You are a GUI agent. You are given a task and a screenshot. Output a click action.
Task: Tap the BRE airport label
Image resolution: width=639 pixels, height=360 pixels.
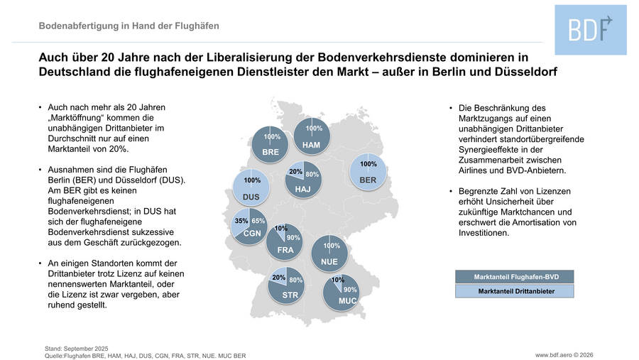270,153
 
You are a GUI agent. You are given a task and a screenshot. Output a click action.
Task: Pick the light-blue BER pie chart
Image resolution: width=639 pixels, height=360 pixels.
368,172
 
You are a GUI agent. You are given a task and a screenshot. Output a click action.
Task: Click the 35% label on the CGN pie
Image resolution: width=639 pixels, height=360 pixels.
241,222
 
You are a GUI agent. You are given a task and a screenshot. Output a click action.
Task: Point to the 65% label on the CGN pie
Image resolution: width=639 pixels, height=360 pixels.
258,222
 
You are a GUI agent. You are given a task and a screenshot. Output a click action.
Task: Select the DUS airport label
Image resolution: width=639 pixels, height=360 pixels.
251,196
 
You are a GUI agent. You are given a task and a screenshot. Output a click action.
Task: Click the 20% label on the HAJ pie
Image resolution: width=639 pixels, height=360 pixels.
296,172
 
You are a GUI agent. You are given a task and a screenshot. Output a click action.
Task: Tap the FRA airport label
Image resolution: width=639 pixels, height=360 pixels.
285,250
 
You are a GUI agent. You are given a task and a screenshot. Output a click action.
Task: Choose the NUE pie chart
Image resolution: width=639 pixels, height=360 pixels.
329,253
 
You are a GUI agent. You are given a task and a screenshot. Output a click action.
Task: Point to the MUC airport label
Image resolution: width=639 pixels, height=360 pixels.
347,301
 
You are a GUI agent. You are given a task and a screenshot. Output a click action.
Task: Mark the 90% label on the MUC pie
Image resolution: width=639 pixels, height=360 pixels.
350,290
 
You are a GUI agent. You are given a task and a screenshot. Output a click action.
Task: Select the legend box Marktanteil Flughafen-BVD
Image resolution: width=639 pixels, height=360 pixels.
513,277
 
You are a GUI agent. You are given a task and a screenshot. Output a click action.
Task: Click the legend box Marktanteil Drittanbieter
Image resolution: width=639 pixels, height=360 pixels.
513,291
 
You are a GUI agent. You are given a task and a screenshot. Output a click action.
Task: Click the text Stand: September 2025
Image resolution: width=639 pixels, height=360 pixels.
76,348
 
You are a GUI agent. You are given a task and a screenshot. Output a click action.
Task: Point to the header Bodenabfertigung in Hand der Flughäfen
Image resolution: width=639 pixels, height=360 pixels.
129,26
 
